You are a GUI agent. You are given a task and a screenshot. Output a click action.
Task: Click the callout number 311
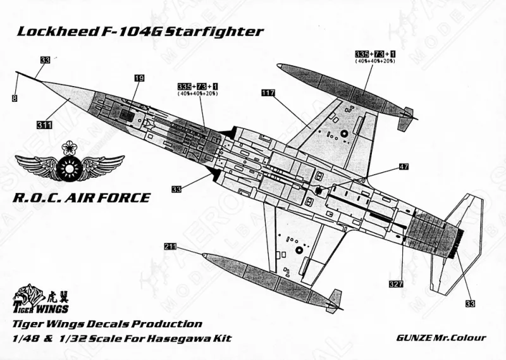click(44, 125)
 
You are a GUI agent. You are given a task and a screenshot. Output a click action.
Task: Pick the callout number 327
click(396, 284)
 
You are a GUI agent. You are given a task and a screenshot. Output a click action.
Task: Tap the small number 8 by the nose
click(13, 98)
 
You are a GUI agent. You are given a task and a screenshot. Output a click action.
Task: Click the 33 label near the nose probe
click(45, 60)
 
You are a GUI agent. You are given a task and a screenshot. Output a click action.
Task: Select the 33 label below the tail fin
click(470, 304)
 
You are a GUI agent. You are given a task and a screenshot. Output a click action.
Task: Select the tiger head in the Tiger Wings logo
click(26, 294)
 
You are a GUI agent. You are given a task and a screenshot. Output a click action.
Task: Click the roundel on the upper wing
click(342, 134)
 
